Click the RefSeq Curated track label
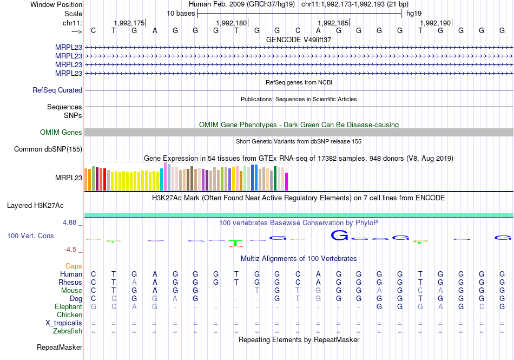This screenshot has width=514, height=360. coord(57,90)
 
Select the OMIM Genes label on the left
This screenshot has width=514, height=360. coord(61,133)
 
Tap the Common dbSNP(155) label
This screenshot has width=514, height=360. coord(48,149)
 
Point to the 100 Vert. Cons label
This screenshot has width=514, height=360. coord(30,236)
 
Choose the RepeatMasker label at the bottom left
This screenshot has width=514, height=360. coord(60,347)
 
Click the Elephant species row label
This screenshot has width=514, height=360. coord(68,307)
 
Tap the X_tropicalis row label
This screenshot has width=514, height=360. coord(64,323)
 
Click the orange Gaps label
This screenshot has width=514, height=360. coord(74,266)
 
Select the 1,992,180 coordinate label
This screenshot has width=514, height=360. coord(231,23)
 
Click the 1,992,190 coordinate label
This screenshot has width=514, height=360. coord(435,23)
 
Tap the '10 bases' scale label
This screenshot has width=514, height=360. coord(181,13)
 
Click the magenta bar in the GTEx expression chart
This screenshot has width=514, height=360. coord(287,181)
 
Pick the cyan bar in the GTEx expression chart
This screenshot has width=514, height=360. coord(162,180)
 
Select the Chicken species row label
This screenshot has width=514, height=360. coord(70,315)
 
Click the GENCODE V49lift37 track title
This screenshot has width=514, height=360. coord(299,40)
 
